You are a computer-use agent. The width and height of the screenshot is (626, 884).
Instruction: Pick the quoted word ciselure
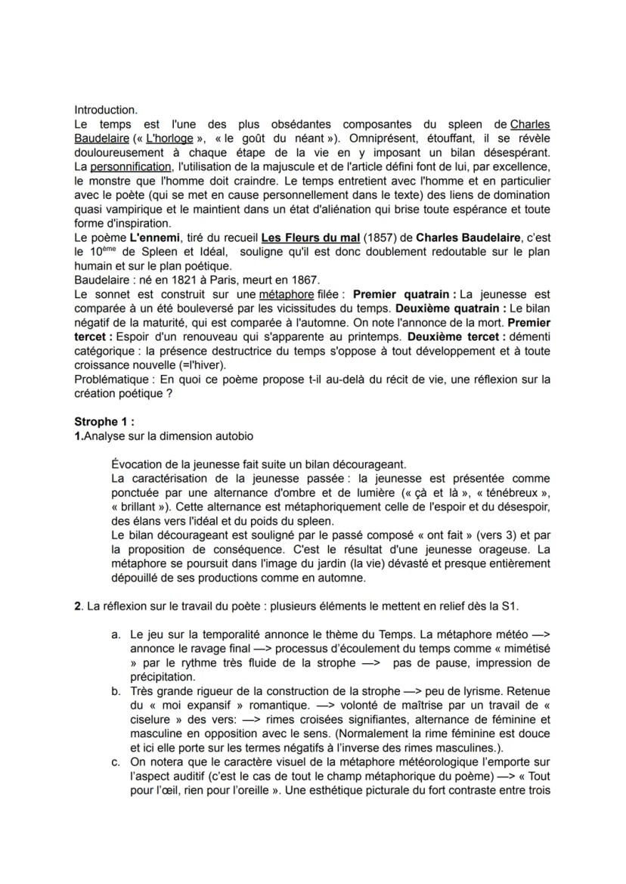pos(160,720)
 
